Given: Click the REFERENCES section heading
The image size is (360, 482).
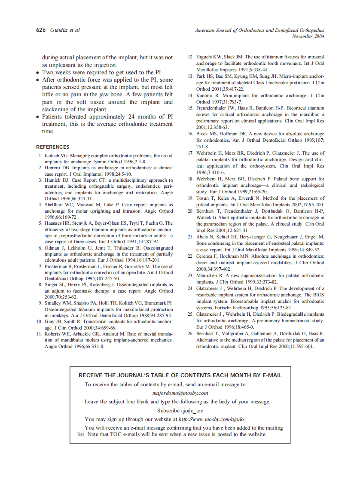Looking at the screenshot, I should tap(52, 147).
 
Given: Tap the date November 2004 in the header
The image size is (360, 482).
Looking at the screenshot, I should tap(308, 36).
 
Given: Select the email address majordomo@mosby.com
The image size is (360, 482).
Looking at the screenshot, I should tap(180, 393).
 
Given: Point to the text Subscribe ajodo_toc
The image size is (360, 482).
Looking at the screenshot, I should tap(180, 410).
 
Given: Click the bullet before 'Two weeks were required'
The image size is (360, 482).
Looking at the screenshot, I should tap(38, 73).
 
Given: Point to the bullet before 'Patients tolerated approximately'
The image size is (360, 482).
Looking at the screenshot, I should tap(38, 117).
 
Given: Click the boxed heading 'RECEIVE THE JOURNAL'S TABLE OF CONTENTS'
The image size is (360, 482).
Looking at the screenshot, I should tap(180, 375).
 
